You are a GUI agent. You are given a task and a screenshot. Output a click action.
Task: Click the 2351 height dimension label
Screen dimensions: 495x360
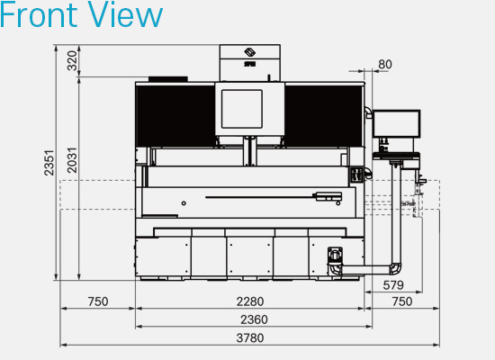[49, 163]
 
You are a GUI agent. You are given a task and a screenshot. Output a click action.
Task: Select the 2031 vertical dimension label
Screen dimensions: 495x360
[72, 160]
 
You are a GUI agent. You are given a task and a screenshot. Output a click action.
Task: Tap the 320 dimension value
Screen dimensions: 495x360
[72, 60]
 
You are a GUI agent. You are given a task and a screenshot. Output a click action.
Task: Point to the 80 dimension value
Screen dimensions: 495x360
[385, 65]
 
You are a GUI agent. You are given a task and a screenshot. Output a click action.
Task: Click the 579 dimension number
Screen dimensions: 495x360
[393, 285]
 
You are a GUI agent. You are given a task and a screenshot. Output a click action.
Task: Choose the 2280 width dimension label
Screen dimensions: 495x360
[250, 301]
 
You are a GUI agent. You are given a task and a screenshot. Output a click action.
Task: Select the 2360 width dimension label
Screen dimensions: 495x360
[254, 319]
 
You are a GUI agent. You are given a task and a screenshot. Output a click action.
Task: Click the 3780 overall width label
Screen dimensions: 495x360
[250, 337]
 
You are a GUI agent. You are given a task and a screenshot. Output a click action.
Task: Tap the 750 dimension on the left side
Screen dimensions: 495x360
[98, 301]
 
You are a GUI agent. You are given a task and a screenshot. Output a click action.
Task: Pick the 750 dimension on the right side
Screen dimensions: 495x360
[402, 301]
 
